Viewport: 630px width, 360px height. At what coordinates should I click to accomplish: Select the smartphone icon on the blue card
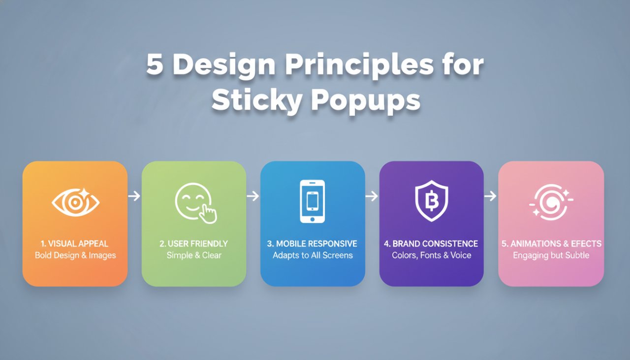[313, 201]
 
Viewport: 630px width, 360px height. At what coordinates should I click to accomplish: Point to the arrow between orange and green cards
[134, 196]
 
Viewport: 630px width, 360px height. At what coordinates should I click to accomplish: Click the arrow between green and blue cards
[253, 196]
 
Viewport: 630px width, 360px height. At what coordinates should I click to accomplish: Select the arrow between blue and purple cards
[372, 196]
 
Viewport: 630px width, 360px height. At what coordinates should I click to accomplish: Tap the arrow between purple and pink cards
[491, 196]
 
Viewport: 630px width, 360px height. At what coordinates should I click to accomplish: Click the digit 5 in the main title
[155, 65]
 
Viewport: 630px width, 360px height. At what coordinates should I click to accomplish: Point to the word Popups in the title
[366, 100]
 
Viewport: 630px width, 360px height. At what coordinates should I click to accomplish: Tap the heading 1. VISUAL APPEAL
[75, 244]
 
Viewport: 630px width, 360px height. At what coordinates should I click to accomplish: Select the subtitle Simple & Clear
[194, 255]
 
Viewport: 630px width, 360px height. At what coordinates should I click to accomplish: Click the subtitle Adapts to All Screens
[313, 255]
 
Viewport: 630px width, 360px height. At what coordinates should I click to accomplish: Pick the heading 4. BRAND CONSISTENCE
[431, 244]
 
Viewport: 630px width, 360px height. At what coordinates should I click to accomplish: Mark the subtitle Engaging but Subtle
[551, 255]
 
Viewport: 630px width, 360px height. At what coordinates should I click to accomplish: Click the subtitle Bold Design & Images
[75, 255]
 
